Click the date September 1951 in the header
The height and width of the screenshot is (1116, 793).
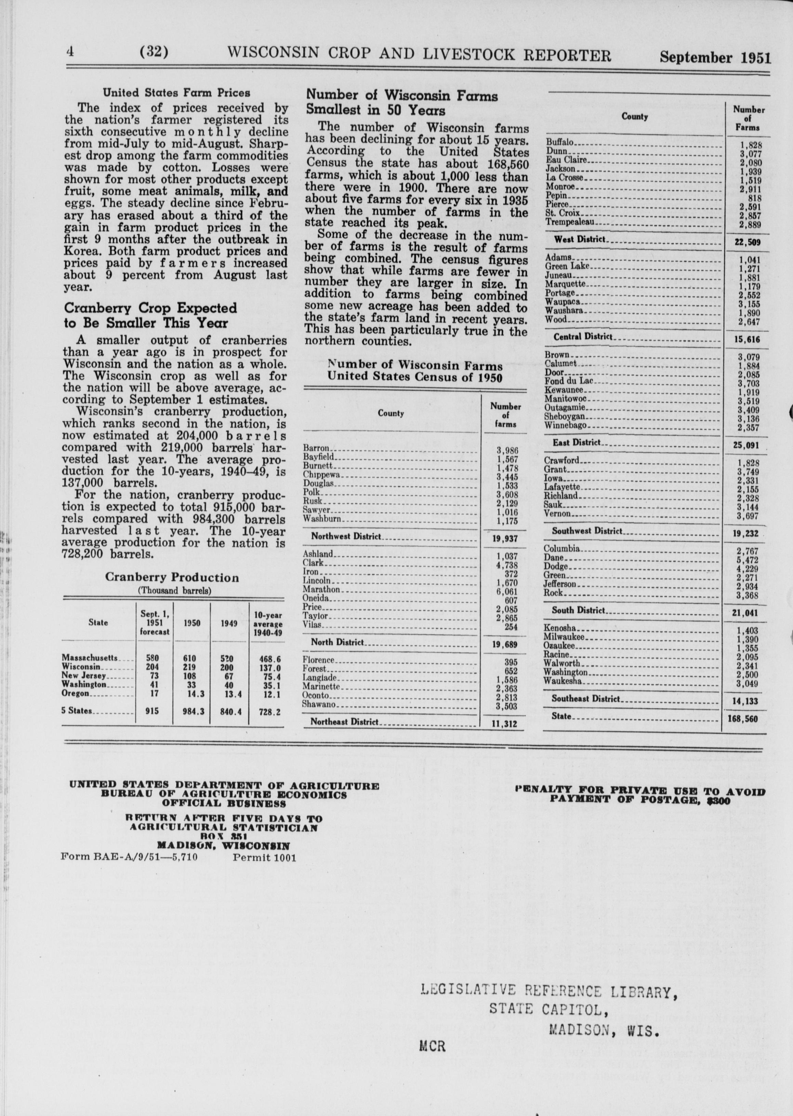[715, 57]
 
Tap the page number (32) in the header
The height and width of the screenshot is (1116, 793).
[154, 52]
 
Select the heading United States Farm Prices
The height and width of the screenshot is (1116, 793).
[176, 92]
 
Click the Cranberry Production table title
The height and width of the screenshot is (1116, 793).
[172, 577]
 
